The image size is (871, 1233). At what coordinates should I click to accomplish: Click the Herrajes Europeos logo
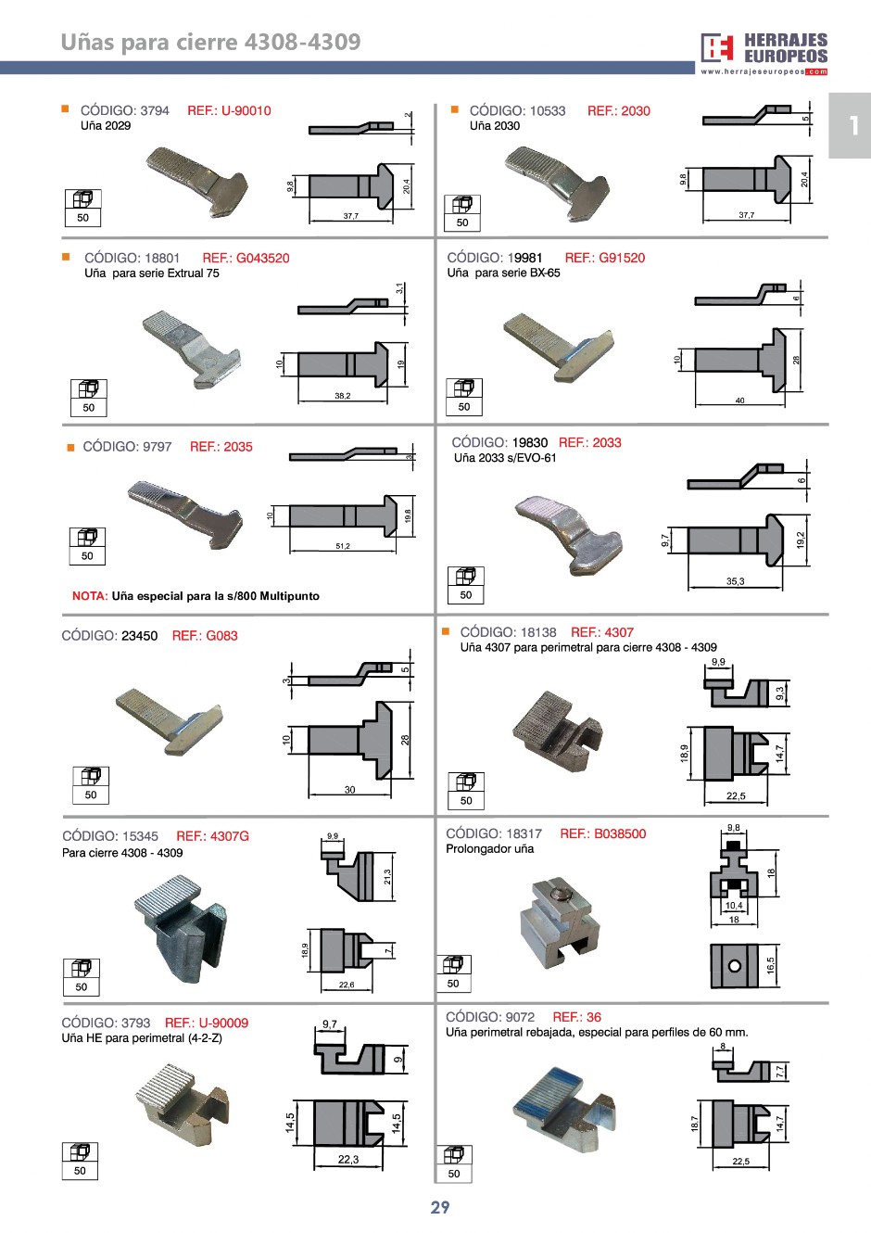point(764,52)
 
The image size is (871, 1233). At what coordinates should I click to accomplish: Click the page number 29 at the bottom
point(440,1207)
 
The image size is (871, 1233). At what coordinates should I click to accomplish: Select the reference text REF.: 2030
point(618,110)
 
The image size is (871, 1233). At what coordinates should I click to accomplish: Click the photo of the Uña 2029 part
point(197,180)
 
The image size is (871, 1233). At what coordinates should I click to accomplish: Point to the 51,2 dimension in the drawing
point(343,546)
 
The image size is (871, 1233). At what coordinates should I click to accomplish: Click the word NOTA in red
point(90,596)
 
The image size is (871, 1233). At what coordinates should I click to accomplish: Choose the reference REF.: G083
point(205,635)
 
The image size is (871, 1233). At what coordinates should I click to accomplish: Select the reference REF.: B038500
point(602,833)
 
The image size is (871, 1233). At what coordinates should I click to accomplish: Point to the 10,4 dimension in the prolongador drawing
point(734,906)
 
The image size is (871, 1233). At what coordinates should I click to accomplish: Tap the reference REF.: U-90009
point(207,1023)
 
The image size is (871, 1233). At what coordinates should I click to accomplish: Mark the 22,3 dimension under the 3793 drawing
point(348,1159)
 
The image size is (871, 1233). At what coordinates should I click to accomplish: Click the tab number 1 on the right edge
point(852,125)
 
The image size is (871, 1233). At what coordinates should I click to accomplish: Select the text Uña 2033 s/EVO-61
point(505,458)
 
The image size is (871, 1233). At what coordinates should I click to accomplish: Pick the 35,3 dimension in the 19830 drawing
point(735,581)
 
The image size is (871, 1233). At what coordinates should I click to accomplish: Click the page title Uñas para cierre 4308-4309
point(210,42)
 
